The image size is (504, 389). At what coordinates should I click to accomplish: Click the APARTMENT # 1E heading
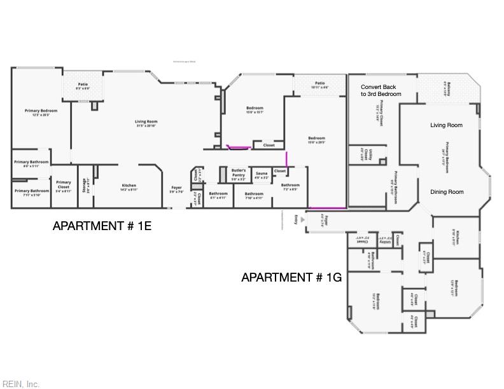(102, 226)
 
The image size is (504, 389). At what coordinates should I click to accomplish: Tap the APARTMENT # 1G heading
(291, 277)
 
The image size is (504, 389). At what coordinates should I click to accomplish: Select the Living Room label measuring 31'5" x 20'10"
(146, 123)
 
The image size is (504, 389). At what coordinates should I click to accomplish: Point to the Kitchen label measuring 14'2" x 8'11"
(129, 188)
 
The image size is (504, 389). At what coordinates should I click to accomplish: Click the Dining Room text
(446, 192)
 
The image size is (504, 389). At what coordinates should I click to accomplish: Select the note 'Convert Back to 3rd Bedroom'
(381, 90)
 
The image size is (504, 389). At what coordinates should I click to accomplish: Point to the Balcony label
(449, 90)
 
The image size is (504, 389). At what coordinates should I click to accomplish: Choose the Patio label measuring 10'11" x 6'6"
(319, 85)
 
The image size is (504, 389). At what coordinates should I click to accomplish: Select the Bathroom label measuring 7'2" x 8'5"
(290, 187)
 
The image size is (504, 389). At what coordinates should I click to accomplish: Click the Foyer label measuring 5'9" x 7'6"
(177, 189)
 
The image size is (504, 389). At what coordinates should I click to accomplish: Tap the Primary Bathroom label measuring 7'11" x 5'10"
(32, 193)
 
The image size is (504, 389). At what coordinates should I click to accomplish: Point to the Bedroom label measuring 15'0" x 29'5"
(316, 140)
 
